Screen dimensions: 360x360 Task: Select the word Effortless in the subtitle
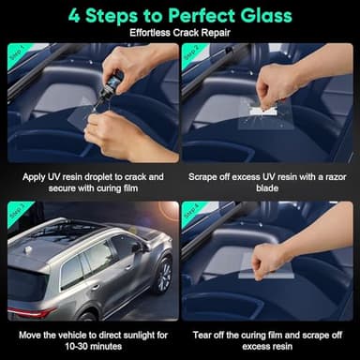[152, 34]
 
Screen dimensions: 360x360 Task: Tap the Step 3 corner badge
[17, 210]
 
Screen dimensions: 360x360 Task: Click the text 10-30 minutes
[90, 345]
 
